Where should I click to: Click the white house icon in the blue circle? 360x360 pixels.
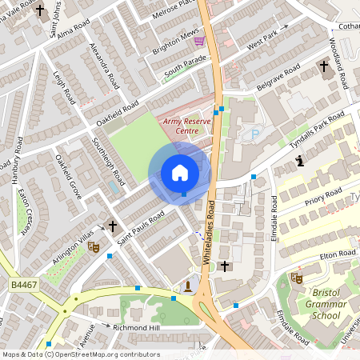179,173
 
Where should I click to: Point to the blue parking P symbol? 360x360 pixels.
255,135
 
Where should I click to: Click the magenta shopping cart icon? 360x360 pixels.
199,41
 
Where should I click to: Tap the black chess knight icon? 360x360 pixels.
299,162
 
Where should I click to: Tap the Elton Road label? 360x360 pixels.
337,255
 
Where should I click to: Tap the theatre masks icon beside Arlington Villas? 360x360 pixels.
94,248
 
